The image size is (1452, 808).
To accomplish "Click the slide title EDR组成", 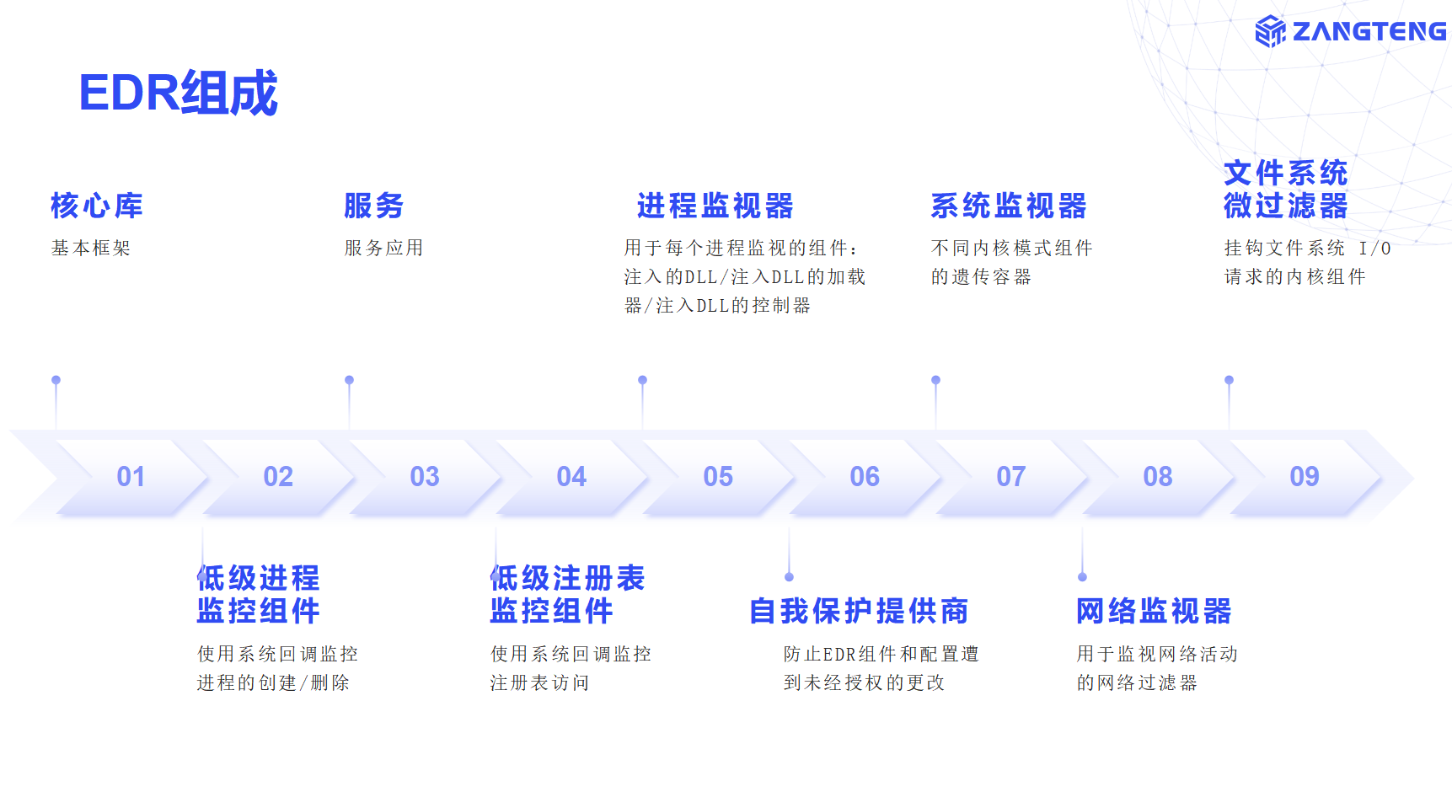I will tap(178, 93).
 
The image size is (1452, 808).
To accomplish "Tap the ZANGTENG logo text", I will tap(1369, 31).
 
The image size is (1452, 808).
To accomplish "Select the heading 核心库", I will tap(97, 206).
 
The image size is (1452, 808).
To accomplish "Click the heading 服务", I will tap(374, 206).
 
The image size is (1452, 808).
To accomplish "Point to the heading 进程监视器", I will tap(715, 206).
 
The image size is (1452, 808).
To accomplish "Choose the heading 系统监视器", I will tap(1009, 206).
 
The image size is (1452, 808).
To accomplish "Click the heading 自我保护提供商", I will tap(859, 611).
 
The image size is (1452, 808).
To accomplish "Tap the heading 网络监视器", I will tap(1154, 611).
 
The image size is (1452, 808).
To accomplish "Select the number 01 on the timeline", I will tap(131, 477).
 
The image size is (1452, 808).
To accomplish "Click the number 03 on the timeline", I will tap(425, 477).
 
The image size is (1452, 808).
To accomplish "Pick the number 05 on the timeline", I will tap(718, 477).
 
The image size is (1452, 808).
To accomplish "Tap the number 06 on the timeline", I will tap(865, 477).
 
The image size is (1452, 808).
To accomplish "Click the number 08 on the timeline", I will tap(1158, 477).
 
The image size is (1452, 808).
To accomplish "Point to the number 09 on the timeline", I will tap(1305, 477).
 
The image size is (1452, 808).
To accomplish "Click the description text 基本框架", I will tap(91, 248).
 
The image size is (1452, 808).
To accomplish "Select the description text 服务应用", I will tap(384, 248).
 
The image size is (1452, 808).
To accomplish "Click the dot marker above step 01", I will tap(56, 380).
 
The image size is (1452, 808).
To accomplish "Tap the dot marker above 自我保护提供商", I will tap(789, 577).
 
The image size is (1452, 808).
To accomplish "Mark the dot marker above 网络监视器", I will tap(1082, 577).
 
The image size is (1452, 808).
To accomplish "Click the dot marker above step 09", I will tap(1229, 380).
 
